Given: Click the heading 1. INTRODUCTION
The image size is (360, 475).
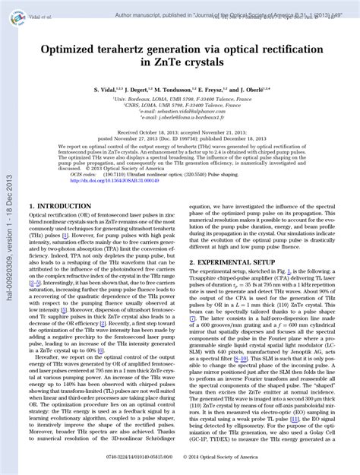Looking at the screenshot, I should pos(60,206).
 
